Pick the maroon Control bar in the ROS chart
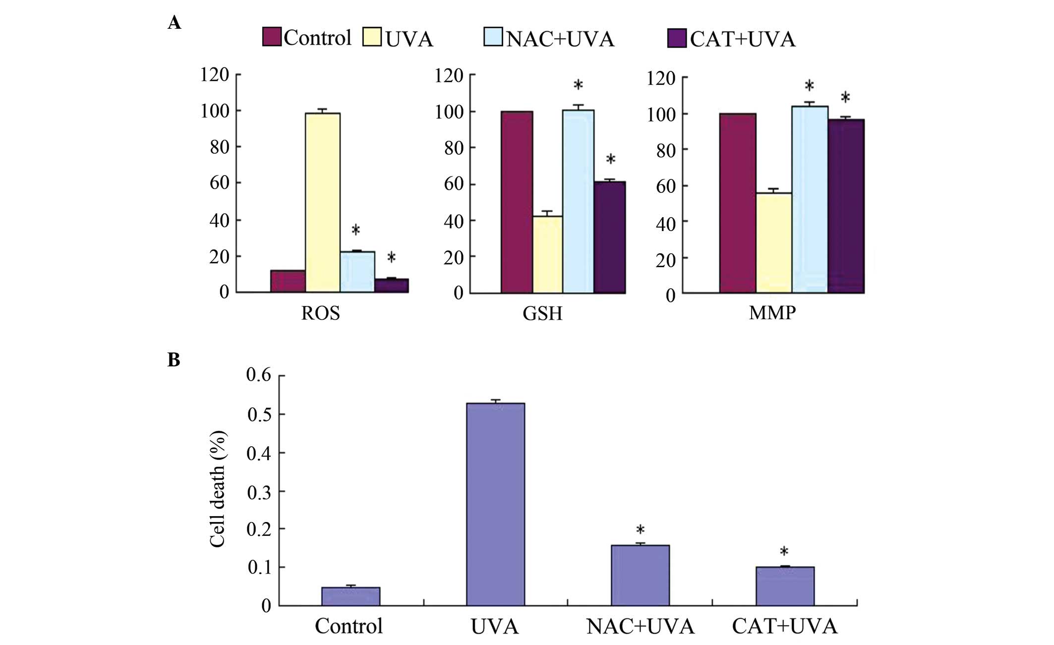coord(288,281)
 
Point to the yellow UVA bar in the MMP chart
coord(773,243)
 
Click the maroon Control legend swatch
coord(272,37)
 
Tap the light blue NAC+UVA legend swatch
coord(493,37)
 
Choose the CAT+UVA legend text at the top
coord(742,39)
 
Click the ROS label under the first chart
coord(320,313)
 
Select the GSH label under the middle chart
coord(542,314)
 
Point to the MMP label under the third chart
coord(772,313)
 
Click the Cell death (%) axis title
coord(218,489)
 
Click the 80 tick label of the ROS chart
coord(219,147)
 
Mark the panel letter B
coord(174,360)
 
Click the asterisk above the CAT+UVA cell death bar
coord(784,552)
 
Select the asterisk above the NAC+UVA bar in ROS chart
coord(355,230)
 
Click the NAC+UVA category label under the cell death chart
coord(640,627)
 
